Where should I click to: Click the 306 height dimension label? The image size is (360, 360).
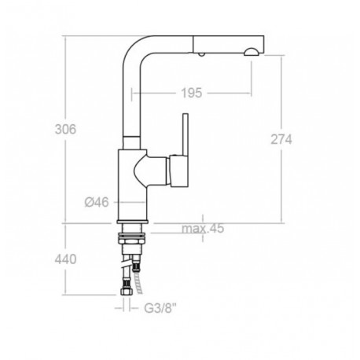pyautogui.click(x=65, y=129)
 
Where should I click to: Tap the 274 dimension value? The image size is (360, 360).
pyautogui.click(x=281, y=139)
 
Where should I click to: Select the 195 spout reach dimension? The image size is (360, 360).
pyautogui.click(x=192, y=93)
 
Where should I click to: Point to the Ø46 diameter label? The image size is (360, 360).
pyautogui.click(x=97, y=202)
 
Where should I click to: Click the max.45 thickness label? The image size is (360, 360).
pyautogui.click(x=203, y=228)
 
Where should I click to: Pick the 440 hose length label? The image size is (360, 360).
pyautogui.click(x=65, y=259)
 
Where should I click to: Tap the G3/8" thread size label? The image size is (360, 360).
pyautogui.click(x=161, y=308)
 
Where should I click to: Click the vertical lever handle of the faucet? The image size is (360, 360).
pyautogui.click(x=186, y=134)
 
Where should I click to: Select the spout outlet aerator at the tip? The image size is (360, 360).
pyautogui.click(x=252, y=52)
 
